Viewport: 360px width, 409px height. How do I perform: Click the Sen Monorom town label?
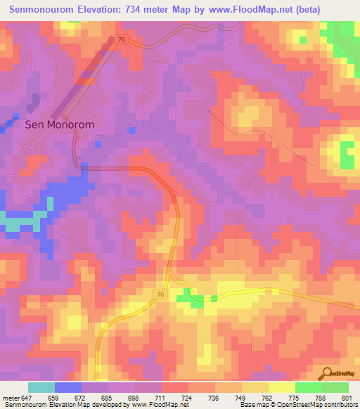[x=59, y=124]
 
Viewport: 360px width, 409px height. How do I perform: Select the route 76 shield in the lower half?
[x=160, y=293]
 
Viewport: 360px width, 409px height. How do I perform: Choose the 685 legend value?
[x=109, y=398]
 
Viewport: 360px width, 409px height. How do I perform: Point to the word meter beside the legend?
[x=10, y=398]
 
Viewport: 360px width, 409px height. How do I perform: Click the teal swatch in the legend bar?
[x=41, y=387]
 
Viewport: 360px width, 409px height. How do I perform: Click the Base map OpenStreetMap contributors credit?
[x=297, y=405]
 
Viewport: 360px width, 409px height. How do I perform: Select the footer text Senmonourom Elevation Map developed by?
[x=63, y=405]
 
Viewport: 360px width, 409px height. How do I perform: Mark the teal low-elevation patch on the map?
[x=20, y=223]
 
